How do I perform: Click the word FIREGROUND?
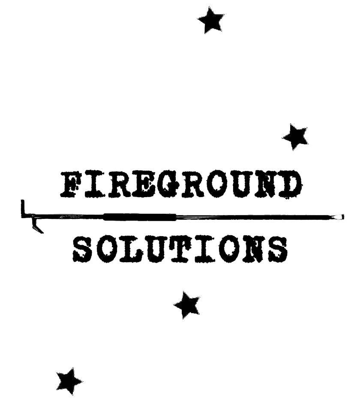click(181, 184)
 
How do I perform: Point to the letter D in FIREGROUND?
click(290, 184)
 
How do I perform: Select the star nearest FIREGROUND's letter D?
click(296, 137)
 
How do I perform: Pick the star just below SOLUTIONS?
click(187, 305)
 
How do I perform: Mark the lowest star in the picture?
click(69, 381)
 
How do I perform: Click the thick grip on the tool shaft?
click(139, 217)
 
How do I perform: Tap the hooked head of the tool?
click(32, 217)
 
